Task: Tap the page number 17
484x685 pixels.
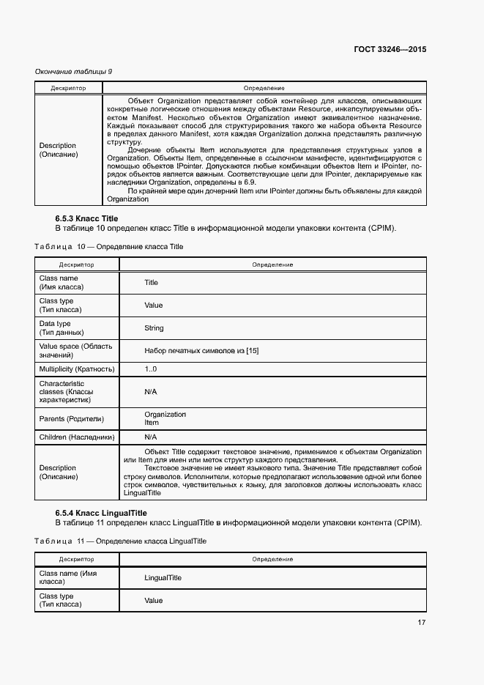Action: click(421, 623)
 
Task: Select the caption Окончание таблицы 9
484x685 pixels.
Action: click(74, 71)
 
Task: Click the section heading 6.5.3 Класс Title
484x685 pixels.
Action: click(86, 218)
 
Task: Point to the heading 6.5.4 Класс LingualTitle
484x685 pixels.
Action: click(101, 513)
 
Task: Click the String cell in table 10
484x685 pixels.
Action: click(154, 328)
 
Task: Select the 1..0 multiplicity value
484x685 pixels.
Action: click(151, 369)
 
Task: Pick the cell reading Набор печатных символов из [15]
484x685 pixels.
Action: click(201, 351)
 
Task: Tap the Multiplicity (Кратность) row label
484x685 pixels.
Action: click(77, 369)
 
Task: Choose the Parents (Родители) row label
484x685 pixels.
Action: click(71, 419)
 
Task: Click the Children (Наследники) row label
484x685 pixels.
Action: click(77, 437)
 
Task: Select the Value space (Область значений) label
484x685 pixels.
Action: click(75, 350)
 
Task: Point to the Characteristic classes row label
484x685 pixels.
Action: click(66, 392)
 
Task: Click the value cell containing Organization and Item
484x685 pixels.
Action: click(165, 418)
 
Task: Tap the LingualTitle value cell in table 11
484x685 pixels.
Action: click(163, 578)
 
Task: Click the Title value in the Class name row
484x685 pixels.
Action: click(151, 283)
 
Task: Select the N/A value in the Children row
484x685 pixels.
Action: click(151, 437)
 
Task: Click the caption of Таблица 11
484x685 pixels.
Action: click(120, 541)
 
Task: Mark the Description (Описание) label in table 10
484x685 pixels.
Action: click(58, 473)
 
